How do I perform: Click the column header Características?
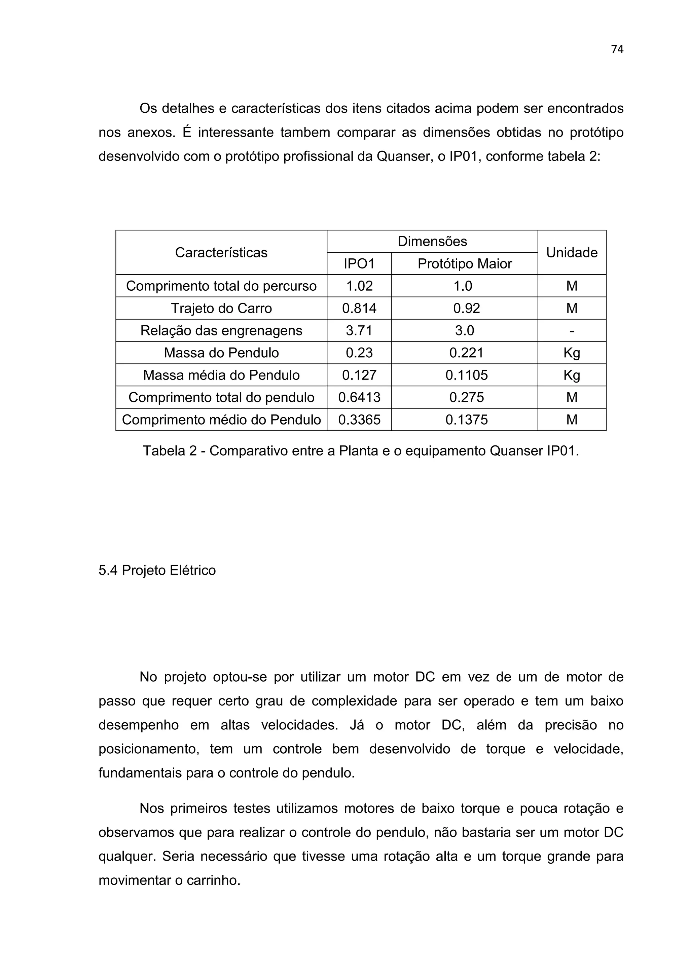tap(221, 253)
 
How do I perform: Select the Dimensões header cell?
tap(432, 242)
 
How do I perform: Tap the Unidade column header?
tap(571, 253)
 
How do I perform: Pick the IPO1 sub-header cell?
tap(359, 264)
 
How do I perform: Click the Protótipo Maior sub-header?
tap(464, 264)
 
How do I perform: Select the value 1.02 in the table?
tap(359, 286)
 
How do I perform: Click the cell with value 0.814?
tap(359, 308)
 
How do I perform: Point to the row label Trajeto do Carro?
tap(221, 308)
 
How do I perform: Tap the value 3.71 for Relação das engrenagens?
tap(359, 330)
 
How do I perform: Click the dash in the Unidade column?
tap(571, 330)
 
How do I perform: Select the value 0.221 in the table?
tap(466, 353)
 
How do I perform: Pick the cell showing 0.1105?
tap(466, 375)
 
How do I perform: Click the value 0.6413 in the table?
tap(359, 397)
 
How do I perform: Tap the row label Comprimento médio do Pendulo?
tap(221, 420)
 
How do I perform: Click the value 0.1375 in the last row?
tap(466, 420)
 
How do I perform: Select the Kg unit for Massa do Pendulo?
tap(571, 353)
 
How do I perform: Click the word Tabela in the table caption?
tap(164, 450)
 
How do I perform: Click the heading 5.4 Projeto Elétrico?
tap(157, 570)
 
